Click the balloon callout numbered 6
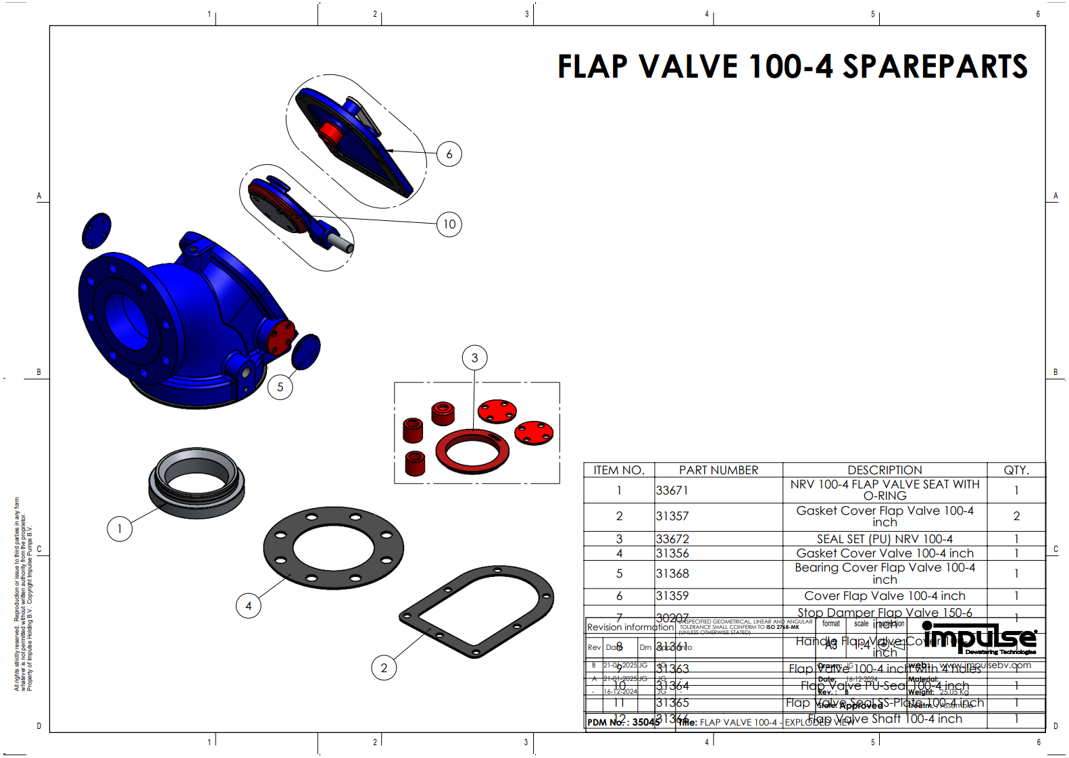click(449, 154)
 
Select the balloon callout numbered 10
click(449, 224)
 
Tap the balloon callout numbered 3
click(474, 358)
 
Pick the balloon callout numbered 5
click(280, 387)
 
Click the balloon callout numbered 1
click(120, 529)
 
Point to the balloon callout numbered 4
click(248, 606)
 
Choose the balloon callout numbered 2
click(384, 668)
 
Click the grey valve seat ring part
click(197, 484)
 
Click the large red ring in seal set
click(472, 451)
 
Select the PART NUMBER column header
click(718, 470)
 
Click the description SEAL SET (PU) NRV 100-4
click(884, 539)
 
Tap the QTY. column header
click(1016, 470)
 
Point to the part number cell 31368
click(672, 574)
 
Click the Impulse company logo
click(979, 638)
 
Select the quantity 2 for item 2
click(1016, 516)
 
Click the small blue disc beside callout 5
click(306, 351)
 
